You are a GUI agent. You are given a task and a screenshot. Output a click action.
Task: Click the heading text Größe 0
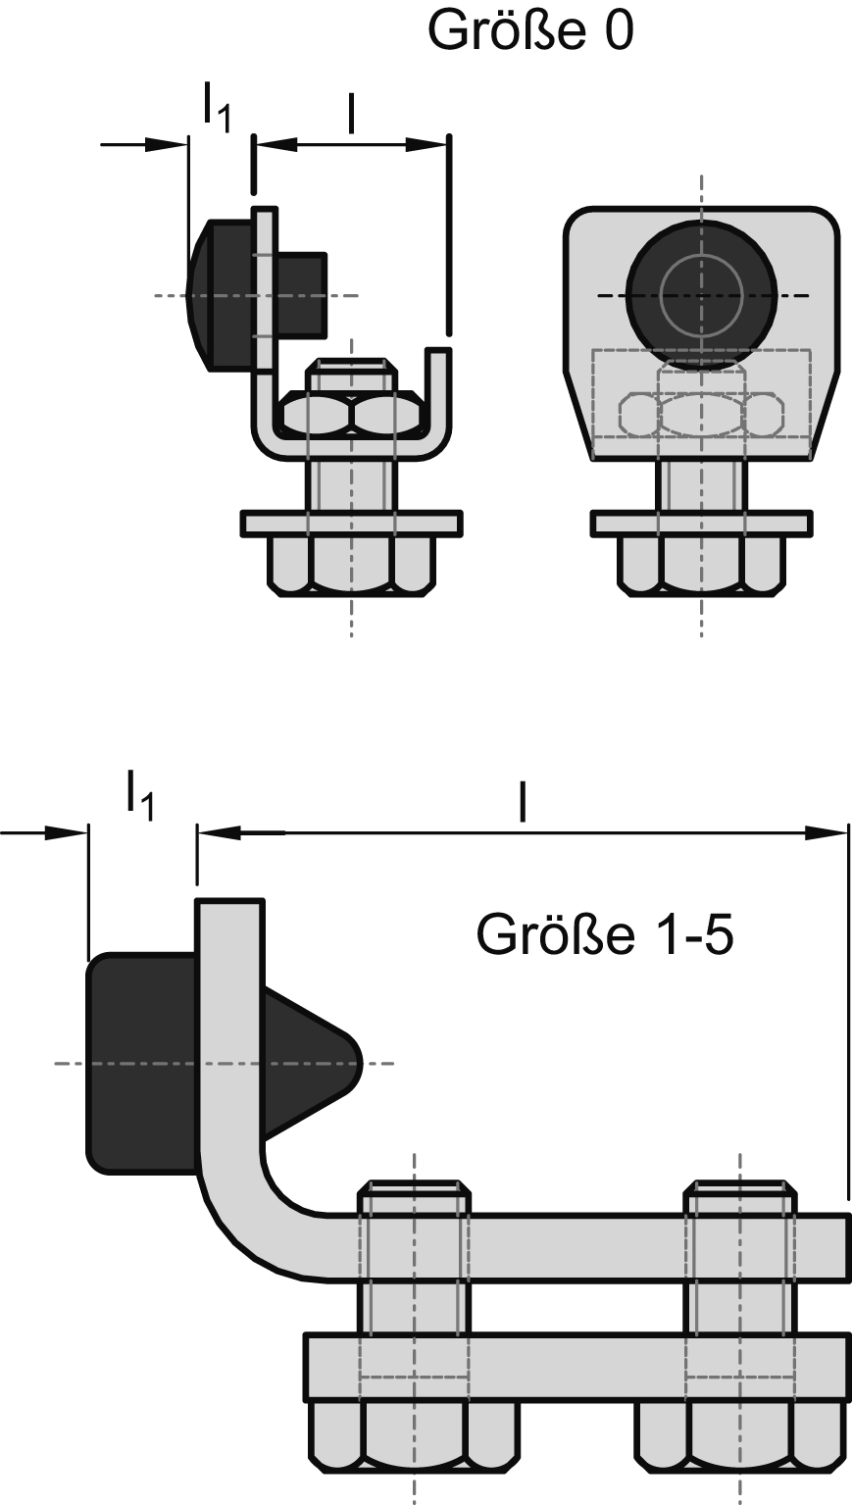(530, 31)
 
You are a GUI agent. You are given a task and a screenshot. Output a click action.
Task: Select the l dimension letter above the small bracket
(350, 114)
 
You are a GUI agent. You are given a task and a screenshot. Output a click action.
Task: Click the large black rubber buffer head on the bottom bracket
(142, 1063)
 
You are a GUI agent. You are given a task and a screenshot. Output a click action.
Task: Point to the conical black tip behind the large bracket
(314, 1063)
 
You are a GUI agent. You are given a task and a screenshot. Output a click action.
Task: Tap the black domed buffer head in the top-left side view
(221, 294)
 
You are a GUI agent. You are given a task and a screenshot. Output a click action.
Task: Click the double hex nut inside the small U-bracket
(352, 415)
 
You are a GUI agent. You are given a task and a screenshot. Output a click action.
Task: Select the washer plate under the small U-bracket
(351, 524)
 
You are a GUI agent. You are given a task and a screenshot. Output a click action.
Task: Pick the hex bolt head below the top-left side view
(351, 568)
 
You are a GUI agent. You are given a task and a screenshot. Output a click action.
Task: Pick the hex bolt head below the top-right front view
(701, 568)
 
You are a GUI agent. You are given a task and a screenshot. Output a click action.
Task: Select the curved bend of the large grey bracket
(245, 1221)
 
